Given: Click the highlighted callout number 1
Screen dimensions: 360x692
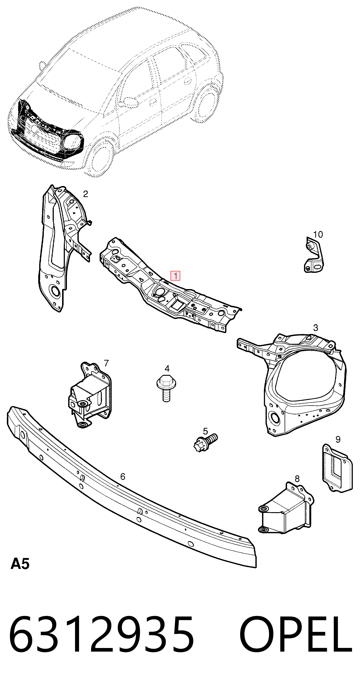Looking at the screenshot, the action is click(x=175, y=276).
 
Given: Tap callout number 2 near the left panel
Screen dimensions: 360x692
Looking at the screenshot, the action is click(x=85, y=194).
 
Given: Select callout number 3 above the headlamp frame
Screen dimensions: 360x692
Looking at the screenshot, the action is click(x=316, y=328).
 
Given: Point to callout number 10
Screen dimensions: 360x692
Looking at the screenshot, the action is click(x=318, y=235).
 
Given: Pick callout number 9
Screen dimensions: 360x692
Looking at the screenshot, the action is click(x=338, y=440).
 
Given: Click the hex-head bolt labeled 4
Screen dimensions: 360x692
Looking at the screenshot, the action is click(x=166, y=388).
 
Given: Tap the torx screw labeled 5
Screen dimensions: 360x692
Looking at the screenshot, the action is click(x=205, y=444).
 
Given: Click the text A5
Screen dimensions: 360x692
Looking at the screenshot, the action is click(x=20, y=563).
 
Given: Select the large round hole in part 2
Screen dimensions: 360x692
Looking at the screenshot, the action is click(x=56, y=291).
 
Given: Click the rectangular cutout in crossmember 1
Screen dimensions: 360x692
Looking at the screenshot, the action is click(x=176, y=305).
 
